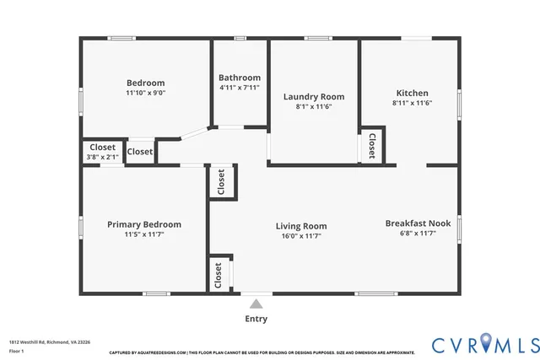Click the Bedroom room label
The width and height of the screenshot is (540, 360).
coord(145,83)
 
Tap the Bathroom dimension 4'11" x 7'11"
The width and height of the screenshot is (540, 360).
coord(240,88)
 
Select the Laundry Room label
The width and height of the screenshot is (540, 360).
coord(313,97)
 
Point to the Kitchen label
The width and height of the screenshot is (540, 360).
coord(413,93)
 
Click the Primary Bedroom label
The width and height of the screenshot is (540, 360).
coord(144,224)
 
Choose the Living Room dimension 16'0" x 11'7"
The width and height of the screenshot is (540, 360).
coord(300,236)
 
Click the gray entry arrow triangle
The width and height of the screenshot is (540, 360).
coord(256,303)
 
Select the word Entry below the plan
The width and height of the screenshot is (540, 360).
coord(256,319)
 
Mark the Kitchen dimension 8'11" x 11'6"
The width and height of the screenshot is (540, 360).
coord(413,103)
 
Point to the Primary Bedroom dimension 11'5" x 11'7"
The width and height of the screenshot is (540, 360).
coord(144,234)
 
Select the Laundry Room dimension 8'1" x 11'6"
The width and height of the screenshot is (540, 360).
coord(313,107)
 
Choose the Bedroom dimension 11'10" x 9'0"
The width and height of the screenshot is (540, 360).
coord(145,93)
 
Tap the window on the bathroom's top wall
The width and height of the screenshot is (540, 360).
coord(240,38)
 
